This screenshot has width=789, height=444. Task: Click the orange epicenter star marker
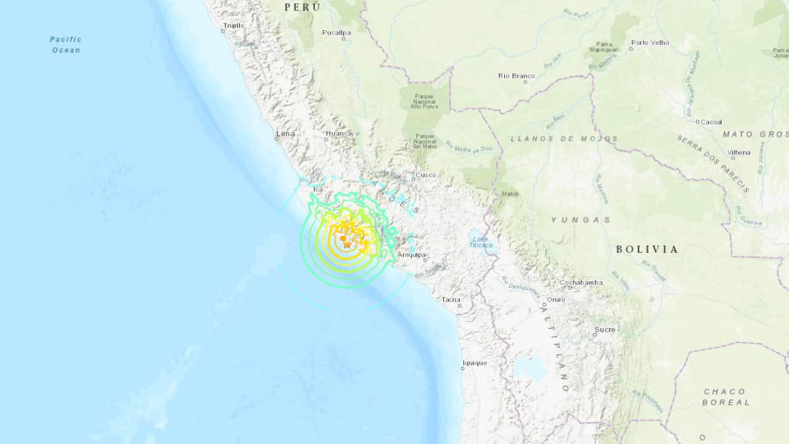point(347,244)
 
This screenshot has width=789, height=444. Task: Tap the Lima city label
point(285,133)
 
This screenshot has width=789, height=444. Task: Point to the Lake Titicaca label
point(481,242)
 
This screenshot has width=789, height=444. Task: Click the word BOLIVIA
point(647,249)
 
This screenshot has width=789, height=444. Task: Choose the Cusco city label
point(425,175)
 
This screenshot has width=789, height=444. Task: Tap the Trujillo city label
point(234,25)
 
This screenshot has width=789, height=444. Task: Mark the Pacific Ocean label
point(66,44)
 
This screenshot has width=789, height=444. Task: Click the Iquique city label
point(475,363)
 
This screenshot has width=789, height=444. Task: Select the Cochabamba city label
point(581,282)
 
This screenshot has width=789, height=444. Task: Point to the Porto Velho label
point(650,43)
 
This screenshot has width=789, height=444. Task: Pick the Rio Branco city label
point(517,76)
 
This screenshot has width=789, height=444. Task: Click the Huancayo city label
point(342,133)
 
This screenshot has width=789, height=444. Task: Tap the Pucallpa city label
point(337,32)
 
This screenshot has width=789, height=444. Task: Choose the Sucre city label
point(605,329)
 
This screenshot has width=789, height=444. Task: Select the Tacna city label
point(451,300)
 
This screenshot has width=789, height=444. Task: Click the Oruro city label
point(556,300)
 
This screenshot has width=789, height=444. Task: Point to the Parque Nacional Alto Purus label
point(424,101)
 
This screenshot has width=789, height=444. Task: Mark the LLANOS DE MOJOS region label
point(564,139)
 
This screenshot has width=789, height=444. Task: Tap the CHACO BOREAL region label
point(725,397)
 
